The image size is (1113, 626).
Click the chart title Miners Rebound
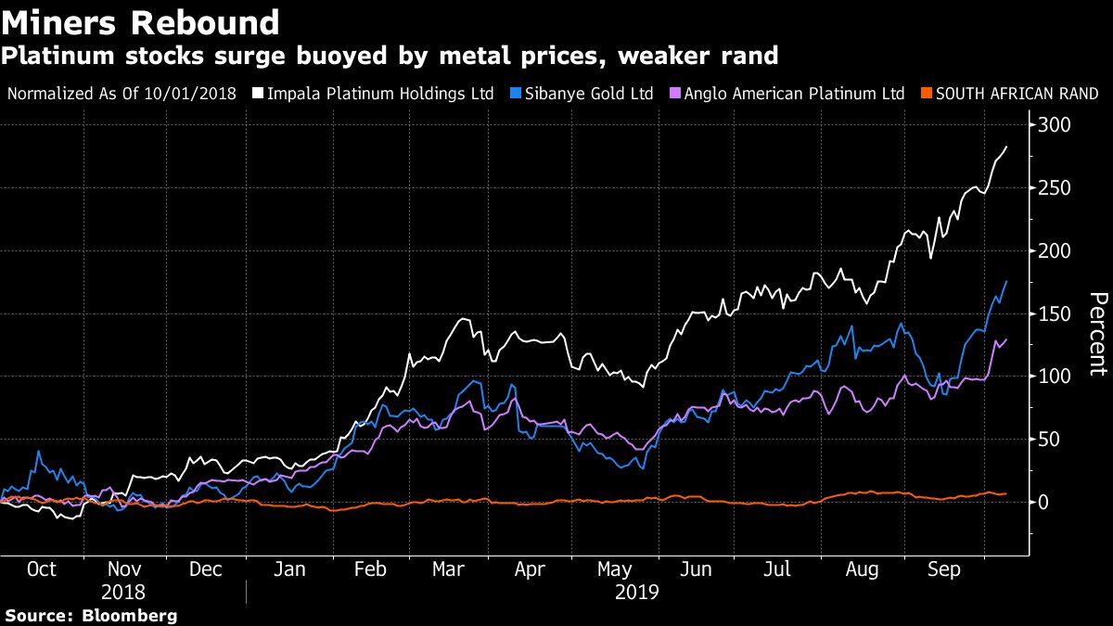(x=141, y=22)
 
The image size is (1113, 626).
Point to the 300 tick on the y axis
(x=1055, y=125)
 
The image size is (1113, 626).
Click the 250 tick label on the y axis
(x=1055, y=188)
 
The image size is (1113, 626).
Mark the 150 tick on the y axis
(x=1055, y=313)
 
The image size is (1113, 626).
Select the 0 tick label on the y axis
(x=1045, y=502)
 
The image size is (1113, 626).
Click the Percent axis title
(x=1097, y=333)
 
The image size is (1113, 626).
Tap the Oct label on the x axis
(x=42, y=569)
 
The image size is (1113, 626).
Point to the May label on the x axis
(x=616, y=569)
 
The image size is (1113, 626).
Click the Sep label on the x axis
(x=944, y=569)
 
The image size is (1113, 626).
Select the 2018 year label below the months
(x=124, y=591)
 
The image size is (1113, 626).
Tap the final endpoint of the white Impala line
(x=1006, y=147)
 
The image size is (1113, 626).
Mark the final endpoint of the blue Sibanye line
(x=1006, y=281)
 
